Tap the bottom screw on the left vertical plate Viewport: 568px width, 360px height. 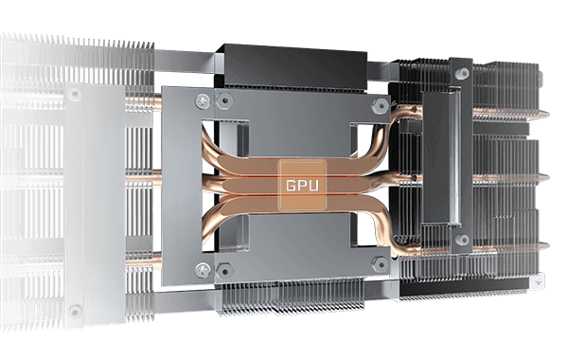tap(74, 309)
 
